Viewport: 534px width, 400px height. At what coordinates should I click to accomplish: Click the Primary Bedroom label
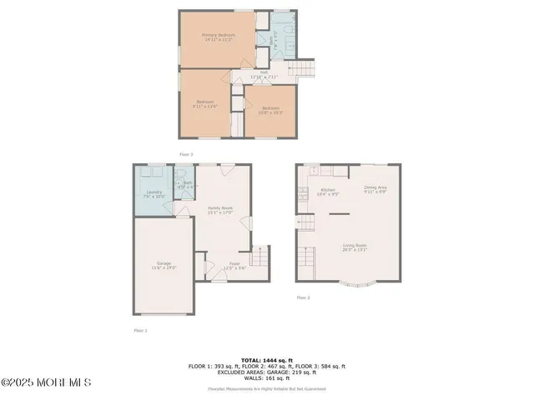point(216,37)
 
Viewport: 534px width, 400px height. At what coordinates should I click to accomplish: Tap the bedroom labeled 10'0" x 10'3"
point(271,110)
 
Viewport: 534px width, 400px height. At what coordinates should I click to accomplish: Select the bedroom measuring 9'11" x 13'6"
point(205,104)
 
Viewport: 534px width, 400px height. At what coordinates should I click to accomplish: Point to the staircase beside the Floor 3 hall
point(305,67)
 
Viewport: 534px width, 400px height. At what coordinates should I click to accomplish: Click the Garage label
point(163,265)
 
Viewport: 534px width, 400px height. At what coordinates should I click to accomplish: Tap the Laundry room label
point(153,195)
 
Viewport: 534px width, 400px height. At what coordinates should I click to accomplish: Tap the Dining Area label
point(375,188)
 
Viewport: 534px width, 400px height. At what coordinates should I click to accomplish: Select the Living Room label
point(355,247)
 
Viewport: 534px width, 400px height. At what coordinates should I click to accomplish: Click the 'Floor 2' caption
point(302,297)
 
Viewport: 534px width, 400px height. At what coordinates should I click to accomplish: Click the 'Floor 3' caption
point(186,154)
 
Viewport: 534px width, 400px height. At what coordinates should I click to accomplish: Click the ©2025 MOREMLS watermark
point(46,382)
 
